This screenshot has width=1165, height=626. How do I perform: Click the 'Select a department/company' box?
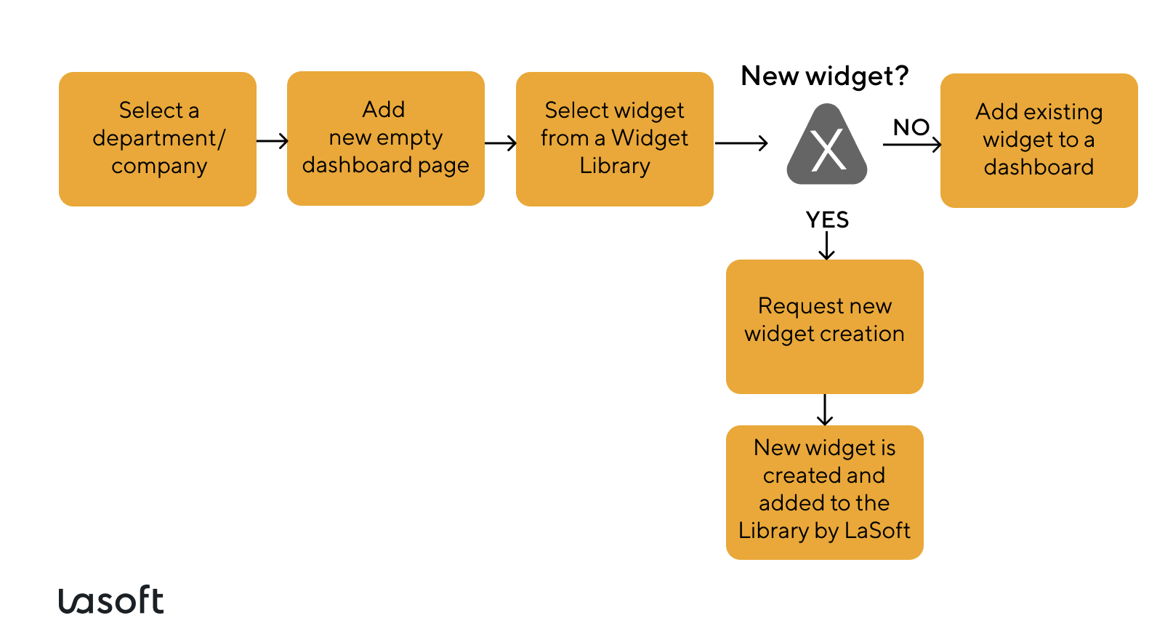point(157,139)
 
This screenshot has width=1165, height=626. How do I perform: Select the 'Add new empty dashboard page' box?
point(385,138)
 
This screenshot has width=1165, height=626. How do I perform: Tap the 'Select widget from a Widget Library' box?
point(614,139)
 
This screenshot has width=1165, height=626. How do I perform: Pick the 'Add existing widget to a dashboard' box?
point(1039,140)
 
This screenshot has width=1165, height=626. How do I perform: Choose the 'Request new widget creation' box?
point(824,326)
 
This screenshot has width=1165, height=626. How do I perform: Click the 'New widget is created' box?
point(824,492)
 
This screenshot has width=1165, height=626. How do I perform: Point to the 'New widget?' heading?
point(824,76)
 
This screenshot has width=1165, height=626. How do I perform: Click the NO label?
point(911,127)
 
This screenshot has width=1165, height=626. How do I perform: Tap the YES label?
point(827,220)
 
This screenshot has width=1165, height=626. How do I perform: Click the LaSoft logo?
point(111,601)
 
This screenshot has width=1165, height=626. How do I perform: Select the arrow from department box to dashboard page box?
point(273,141)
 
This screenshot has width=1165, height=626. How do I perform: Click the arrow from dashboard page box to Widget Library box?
point(501,143)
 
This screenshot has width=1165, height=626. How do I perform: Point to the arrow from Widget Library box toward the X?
point(741,143)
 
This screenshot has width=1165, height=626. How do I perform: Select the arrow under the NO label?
point(912,145)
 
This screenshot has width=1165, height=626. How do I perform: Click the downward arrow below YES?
point(826,246)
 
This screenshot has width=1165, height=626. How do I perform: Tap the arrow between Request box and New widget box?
point(824,410)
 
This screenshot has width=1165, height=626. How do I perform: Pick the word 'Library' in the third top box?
point(614,166)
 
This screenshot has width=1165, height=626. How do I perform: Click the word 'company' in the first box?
point(159,166)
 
